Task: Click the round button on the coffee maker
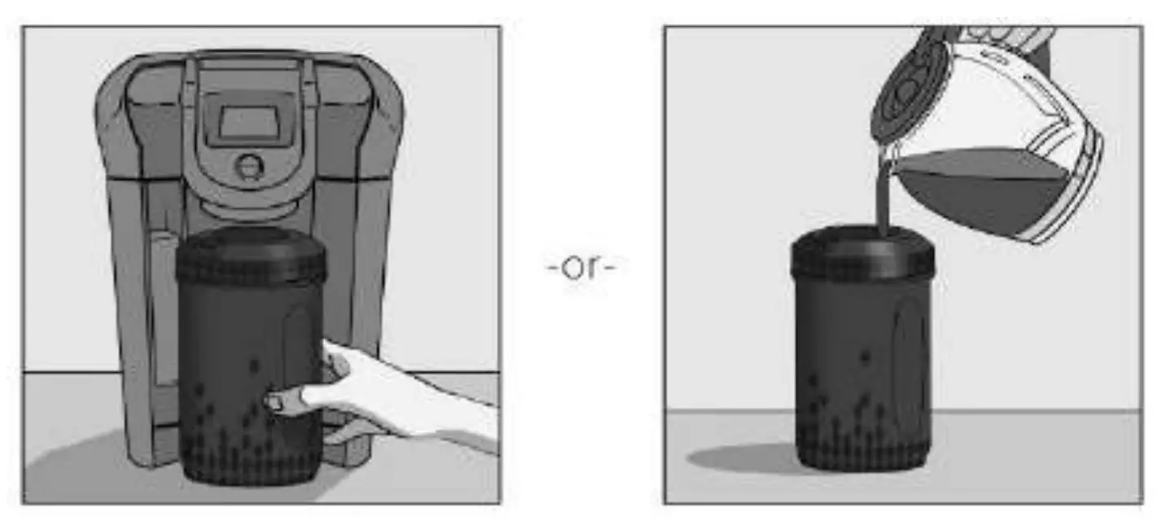point(247,166)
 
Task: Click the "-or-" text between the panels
point(581,267)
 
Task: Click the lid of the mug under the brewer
point(251,256)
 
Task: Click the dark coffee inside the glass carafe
point(985,191)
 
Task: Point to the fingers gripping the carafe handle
point(1010,37)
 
